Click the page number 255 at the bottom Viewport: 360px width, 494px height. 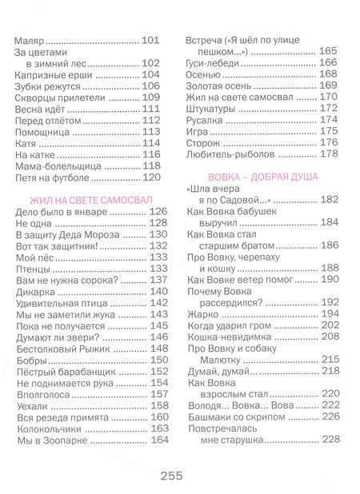click(x=171, y=475)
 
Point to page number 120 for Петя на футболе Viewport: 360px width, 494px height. click(x=152, y=177)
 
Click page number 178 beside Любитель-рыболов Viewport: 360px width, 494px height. click(x=328, y=153)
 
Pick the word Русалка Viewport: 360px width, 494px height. click(x=206, y=119)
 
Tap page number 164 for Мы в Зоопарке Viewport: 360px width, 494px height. click(x=160, y=440)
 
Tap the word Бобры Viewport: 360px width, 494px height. click(x=30, y=360)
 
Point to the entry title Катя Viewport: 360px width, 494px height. click(x=27, y=142)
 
